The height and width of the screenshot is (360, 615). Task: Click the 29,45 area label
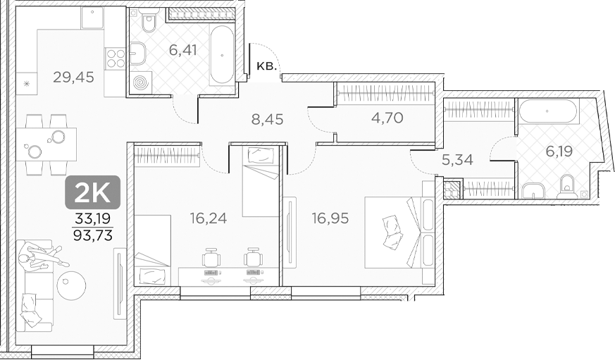click(73, 77)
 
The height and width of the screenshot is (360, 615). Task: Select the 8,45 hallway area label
click(267, 120)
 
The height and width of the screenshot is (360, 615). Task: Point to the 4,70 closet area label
click(387, 118)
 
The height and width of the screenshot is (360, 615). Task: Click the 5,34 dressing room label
click(456, 160)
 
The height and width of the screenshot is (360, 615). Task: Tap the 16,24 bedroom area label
click(208, 218)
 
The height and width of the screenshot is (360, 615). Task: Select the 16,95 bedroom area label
click(330, 218)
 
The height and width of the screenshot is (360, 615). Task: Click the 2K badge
click(93, 192)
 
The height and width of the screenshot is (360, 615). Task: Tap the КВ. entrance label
click(266, 67)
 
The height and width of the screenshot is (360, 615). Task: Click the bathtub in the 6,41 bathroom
click(222, 54)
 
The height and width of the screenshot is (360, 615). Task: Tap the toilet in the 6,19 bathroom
click(566, 187)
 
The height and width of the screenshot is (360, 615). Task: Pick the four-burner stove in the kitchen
click(115, 57)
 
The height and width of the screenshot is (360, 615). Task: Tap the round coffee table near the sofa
click(71, 285)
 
